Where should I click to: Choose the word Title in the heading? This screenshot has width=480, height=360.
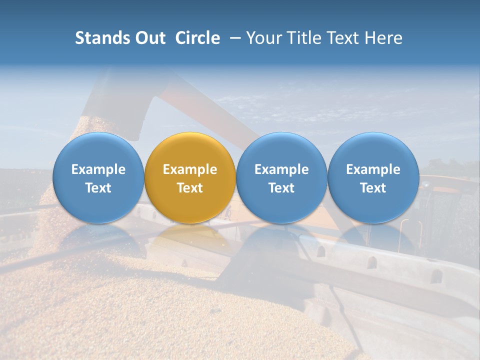click(x=305, y=38)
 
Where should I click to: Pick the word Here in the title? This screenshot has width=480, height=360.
click(x=385, y=38)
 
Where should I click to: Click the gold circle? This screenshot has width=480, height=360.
click(x=190, y=150)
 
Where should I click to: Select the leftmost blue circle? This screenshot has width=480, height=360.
click(x=98, y=150)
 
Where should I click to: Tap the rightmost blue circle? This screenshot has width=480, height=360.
click(x=373, y=150)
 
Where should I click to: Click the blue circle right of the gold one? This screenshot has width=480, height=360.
click(x=281, y=150)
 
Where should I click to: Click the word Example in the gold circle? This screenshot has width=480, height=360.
click(x=190, y=169)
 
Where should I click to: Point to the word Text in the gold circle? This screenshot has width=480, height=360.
click(x=190, y=188)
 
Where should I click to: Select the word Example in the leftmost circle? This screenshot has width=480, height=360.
click(x=98, y=169)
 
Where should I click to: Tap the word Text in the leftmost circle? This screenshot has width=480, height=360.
click(x=98, y=188)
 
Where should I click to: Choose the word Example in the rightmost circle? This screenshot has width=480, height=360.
click(x=373, y=169)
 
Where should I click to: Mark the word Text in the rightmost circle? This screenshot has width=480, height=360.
click(x=373, y=188)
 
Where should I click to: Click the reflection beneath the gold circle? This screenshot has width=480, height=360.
click(x=190, y=237)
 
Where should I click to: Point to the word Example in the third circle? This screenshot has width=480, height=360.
click(x=281, y=169)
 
